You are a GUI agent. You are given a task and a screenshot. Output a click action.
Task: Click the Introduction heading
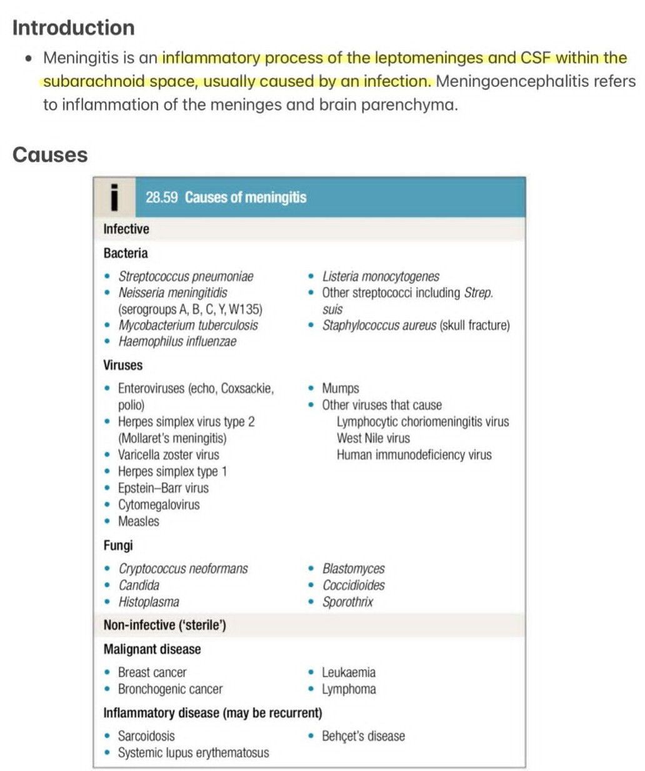(x=73, y=28)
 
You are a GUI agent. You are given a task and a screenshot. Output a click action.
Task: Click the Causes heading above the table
(x=50, y=154)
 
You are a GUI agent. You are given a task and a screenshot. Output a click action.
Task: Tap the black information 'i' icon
(x=114, y=197)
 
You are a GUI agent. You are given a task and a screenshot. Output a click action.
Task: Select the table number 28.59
(x=161, y=198)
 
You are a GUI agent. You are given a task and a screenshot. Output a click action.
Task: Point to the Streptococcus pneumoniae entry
(x=186, y=276)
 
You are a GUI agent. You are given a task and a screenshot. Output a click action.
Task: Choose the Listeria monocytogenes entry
(x=380, y=276)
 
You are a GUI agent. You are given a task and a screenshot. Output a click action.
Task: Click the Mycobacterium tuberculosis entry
(x=187, y=325)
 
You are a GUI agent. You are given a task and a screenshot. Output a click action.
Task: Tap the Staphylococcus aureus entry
(x=379, y=325)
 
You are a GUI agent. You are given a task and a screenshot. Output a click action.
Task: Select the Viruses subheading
(x=123, y=365)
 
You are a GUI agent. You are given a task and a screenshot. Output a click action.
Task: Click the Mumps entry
(x=340, y=388)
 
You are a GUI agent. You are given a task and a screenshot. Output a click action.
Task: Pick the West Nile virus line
(x=373, y=438)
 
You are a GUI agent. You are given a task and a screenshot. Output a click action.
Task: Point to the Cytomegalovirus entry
(x=159, y=505)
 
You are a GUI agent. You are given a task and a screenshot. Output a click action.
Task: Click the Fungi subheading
(x=118, y=545)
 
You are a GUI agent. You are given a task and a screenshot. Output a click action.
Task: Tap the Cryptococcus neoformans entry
(x=183, y=569)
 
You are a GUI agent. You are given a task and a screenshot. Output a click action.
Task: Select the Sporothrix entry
(x=347, y=602)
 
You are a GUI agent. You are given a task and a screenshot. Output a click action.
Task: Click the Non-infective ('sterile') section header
(x=165, y=625)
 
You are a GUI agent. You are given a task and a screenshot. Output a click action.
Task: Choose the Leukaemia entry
(x=349, y=673)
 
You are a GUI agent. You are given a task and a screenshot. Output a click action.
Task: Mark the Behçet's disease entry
(x=363, y=737)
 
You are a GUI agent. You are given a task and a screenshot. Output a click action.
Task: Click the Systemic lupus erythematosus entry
(x=193, y=753)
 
